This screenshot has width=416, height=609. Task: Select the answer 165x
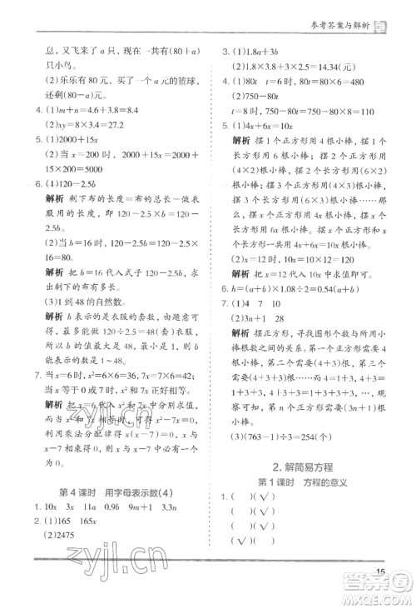coord(83,522)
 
